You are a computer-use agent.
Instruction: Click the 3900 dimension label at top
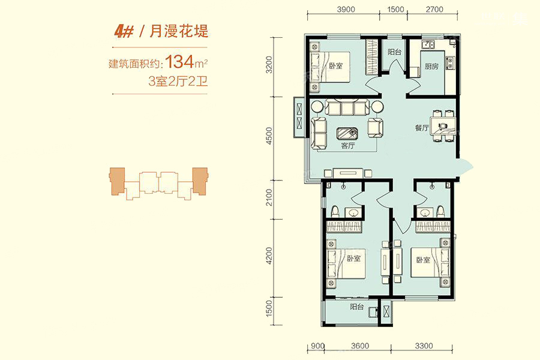346,10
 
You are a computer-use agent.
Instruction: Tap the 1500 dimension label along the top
395,10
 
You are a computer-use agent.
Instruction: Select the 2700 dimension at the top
434,10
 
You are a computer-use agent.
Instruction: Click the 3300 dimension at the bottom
424,346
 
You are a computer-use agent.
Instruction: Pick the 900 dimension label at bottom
317,346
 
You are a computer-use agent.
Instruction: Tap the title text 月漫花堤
179,31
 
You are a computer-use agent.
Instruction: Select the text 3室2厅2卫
178,82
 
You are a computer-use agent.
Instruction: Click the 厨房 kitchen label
431,66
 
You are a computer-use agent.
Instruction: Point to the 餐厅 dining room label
422,128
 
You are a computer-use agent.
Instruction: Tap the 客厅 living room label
348,145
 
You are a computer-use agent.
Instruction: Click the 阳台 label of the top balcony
394,52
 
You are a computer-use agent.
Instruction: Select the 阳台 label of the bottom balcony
357,306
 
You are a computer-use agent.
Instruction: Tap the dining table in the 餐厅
443,126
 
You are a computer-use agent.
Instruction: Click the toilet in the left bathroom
334,212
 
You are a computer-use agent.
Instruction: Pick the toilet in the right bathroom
440,212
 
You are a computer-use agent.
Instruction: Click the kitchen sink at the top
428,44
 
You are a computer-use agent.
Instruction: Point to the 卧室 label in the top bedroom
336,65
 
